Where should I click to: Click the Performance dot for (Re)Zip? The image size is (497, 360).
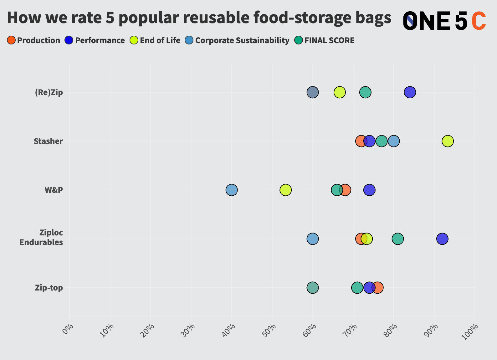point(410,92)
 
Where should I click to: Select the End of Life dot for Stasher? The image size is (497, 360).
point(448,141)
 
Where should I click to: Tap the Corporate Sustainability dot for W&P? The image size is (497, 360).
point(232,190)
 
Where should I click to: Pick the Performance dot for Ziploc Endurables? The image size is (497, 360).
point(442,239)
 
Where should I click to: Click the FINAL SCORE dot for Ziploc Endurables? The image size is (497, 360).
point(397,239)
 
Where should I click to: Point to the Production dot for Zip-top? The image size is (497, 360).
point(378,288)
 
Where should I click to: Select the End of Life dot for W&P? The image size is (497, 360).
point(285,190)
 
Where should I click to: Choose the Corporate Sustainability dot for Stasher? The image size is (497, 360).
point(394,141)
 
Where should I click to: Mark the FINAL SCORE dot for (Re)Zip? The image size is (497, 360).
point(365,92)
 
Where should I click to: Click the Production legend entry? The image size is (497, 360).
point(33,40)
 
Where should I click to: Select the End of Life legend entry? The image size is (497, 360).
point(155,40)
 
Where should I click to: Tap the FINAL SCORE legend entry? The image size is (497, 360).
point(325,40)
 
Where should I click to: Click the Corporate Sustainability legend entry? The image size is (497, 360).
point(238,40)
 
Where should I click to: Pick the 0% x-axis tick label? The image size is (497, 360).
point(68,329)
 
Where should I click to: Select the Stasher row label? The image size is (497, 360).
point(48,141)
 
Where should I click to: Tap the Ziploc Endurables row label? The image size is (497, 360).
point(41,237)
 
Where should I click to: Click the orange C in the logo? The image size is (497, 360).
point(478,21)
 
